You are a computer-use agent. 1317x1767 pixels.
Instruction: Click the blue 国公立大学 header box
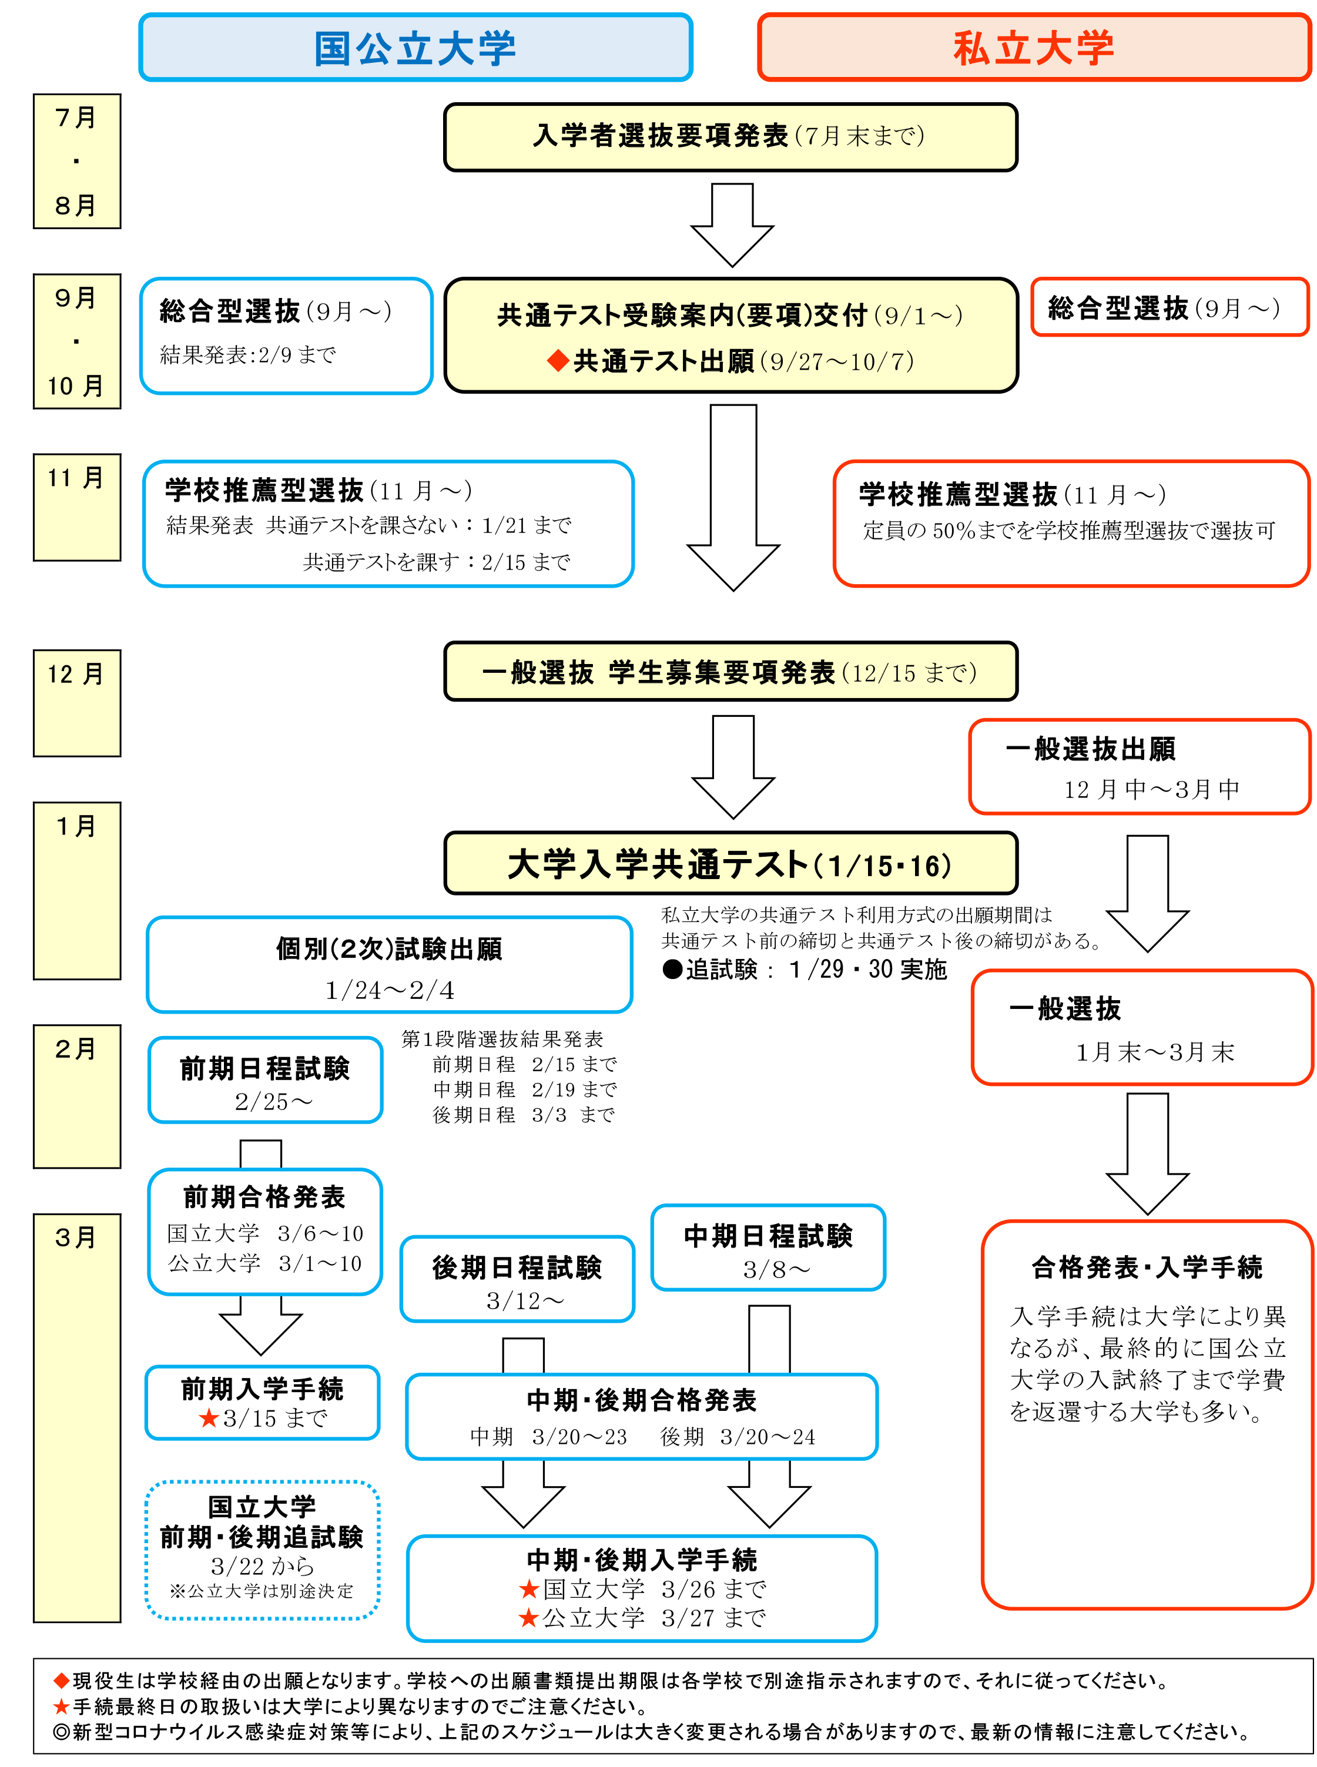(415, 48)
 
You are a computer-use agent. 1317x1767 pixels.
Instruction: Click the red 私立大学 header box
(1034, 48)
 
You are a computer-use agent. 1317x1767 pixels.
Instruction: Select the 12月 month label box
(76, 702)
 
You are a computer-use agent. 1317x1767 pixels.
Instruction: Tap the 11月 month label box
(76, 507)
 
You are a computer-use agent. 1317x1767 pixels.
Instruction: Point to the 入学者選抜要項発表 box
(730, 137)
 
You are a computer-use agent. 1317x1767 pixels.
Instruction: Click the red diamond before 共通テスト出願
(558, 361)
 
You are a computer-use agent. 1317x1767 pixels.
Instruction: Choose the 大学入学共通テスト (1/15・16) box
(730, 864)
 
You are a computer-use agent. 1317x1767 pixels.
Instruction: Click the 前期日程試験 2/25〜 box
(266, 1080)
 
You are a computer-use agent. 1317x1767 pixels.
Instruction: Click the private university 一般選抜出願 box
(1140, 767)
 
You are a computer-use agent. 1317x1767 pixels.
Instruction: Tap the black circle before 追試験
(673, 969)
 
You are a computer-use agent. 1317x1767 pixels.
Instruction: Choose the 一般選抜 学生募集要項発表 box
(730, 672)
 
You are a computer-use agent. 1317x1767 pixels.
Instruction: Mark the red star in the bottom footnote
(61, 1706)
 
